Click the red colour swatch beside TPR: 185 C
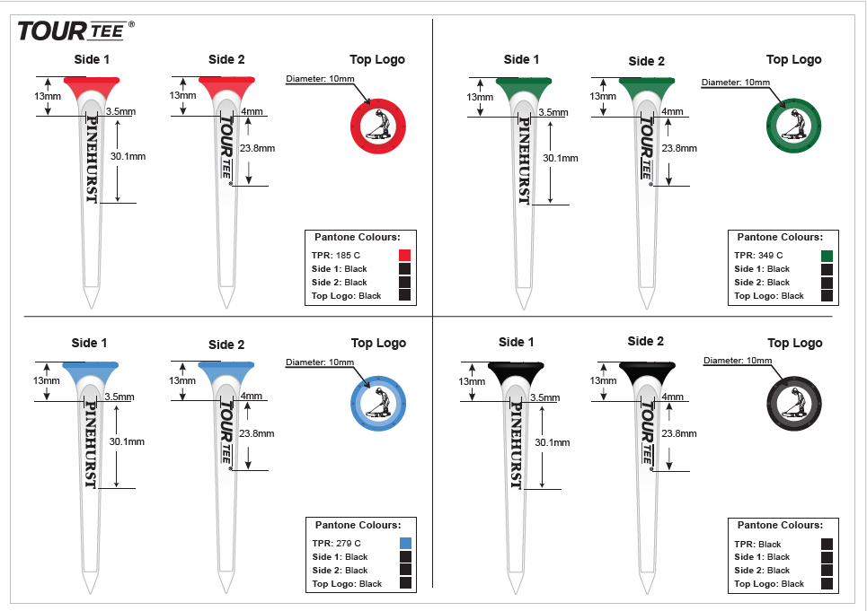coord(405,256)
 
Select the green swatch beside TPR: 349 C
coord(827,256)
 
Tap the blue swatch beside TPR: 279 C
coord(405,543)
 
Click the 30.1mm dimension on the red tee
coord(128,155)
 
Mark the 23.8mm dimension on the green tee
coord(679,148)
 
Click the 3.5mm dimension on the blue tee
coord(119,397)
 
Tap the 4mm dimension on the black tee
coord(672,396)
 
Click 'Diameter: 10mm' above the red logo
coord(320,79)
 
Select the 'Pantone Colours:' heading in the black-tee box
coord(780,525)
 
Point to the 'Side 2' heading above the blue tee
coord(226,345)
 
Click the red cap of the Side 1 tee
coord(91,83)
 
